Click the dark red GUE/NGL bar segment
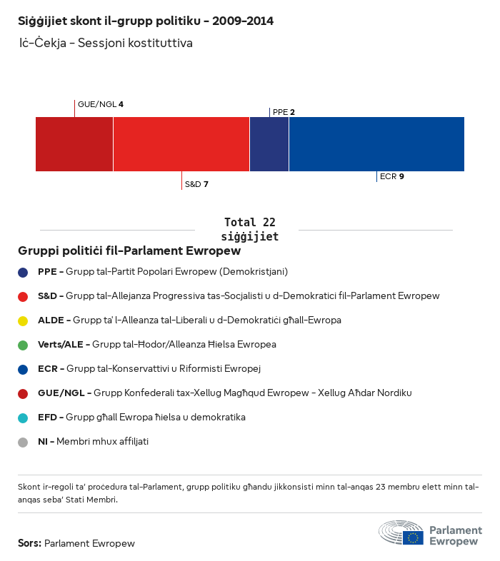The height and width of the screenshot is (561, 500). pyautogui.click(x=74, y=144)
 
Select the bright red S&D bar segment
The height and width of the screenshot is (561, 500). pyautogui.click(x=181, y=144)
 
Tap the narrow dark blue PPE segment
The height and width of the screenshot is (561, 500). pyautogui.click(x=269, y=144)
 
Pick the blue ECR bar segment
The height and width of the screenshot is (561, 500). pyautogui.click(x=376, y=144)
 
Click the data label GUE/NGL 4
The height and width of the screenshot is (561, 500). pyautogui.click(x=101, y=104)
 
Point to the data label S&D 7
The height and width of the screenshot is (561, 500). pyautogui.click(x=196, y=184)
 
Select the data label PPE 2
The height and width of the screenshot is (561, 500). pyautogui.click(x=284, y=112)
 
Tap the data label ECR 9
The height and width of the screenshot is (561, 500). pyautogui.click(x=392, y=176)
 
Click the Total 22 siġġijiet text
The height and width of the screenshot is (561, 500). pyautogui.click(x=249, y=229)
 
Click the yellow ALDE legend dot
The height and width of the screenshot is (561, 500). pyautogui.click(x=23, y=320)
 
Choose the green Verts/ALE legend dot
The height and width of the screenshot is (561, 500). pyautogui.click(x=23, y=345)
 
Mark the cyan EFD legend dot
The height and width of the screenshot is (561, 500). pyautogui.click(x=23, y=418)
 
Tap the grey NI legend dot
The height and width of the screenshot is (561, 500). pyautogui.click(x=23, y=442)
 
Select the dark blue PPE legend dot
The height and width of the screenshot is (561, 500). pyautogui.click(x=23, y=272)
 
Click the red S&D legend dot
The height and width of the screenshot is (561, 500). pyautogui.click(x=23, y=296)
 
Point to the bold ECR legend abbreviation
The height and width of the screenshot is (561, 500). pyautogui.click(x=47, y=369)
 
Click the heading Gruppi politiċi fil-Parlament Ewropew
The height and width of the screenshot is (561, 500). pyautogui.click(x=129, y=251)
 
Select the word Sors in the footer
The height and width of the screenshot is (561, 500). pyautogui.click(x=29, y=543)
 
